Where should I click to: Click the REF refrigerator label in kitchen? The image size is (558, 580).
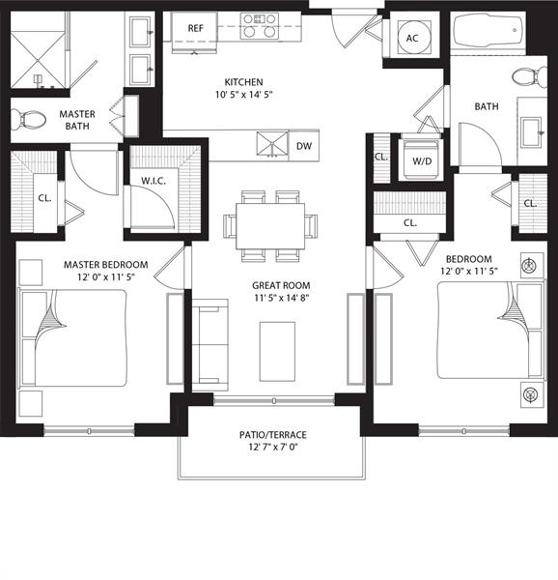coord(195,29)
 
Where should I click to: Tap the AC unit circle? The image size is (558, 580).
coord(412,39)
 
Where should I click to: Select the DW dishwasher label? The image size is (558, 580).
coord(304,147)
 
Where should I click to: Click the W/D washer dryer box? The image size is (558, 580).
coord(423,160)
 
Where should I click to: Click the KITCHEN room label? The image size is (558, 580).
coord(244,82)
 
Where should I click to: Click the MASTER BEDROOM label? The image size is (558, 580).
coord(105,265)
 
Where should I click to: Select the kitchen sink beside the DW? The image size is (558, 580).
coord(272,144)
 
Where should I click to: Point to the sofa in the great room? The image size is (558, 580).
coord(209,343)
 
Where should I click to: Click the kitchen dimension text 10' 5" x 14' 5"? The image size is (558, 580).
coord(244,96)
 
